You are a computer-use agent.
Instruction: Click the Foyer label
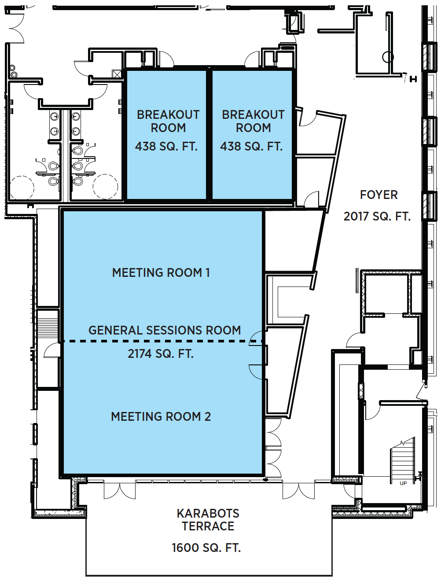coord(379,195)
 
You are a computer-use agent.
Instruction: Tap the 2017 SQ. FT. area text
coord(377,217)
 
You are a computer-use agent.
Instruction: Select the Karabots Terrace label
coord(208,519)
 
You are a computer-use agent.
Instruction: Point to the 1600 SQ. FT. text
coord(206,548)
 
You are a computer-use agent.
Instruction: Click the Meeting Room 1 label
coord(161,272)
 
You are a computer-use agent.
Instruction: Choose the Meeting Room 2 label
coord(161,417)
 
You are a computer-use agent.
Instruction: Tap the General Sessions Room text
coord(165,331)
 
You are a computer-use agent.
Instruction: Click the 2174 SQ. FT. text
coord(161,353)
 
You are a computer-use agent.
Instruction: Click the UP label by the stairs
coord(403,483)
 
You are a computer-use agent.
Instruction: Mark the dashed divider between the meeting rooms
coord(162,342)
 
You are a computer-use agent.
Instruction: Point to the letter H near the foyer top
coord(413,79)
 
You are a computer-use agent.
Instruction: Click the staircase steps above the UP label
coord(402,462)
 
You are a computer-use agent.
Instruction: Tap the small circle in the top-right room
coord(388,57)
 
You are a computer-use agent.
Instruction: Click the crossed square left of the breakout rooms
coord(117,74)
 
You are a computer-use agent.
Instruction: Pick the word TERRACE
coord(208,526)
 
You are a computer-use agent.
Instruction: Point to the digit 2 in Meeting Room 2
coord(207,417)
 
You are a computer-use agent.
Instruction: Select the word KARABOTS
coord(208,514)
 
